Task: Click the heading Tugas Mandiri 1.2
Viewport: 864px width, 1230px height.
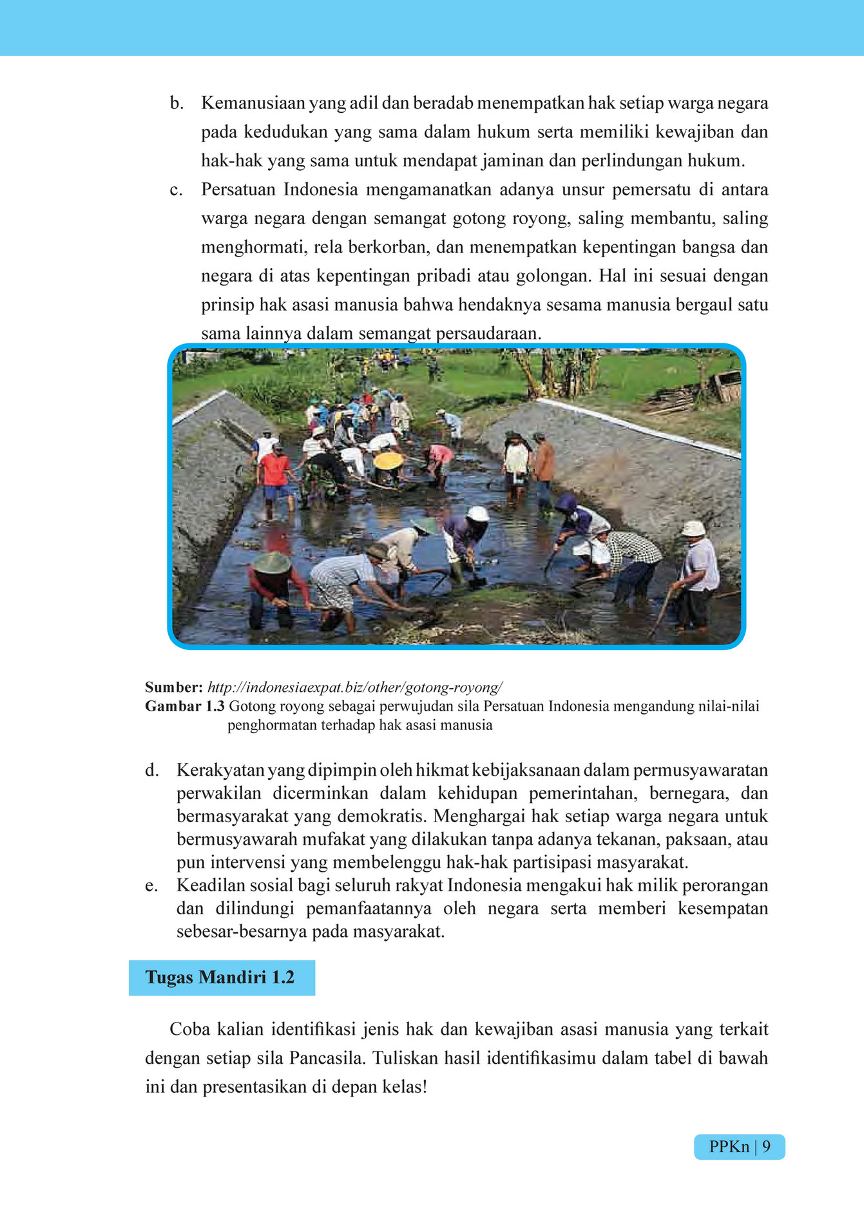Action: pos(220,977)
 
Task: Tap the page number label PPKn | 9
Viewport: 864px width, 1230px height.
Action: pos(739,1147)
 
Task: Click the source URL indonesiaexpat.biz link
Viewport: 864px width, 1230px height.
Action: pos(355,687)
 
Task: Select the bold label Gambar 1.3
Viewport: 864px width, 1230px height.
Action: pos(185,706)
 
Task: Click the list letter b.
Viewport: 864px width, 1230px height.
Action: pos(177,104)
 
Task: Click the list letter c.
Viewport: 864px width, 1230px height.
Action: pos(176,190)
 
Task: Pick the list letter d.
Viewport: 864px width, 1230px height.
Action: pos(151,771)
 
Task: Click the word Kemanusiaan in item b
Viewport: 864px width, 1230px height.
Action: pos(253,104)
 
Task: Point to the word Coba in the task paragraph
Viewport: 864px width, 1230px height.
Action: pos(190,1030)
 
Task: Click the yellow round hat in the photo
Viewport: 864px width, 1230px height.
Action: pos(389,461)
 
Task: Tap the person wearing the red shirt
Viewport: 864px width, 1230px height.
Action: pos(275,470)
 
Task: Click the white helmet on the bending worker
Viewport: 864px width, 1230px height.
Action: pos(478,514)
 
